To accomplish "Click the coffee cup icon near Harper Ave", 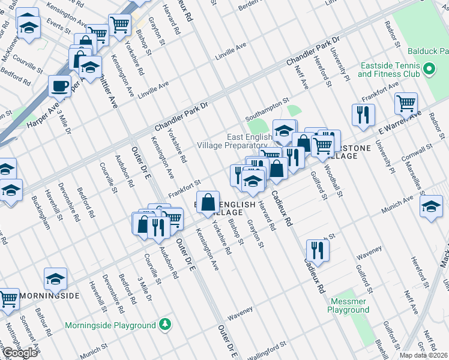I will point(60,86).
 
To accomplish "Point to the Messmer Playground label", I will point(348,306).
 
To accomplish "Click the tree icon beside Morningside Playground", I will point(165,325).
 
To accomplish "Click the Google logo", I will point(20,353).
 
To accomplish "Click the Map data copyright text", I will point(424,355).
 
